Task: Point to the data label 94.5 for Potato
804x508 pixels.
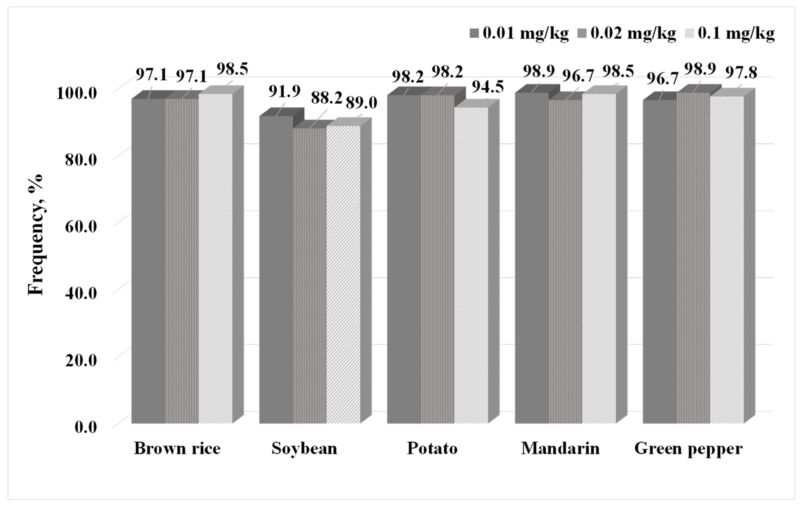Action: point(487,87)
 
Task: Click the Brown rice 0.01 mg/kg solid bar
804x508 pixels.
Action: point(148,260)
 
